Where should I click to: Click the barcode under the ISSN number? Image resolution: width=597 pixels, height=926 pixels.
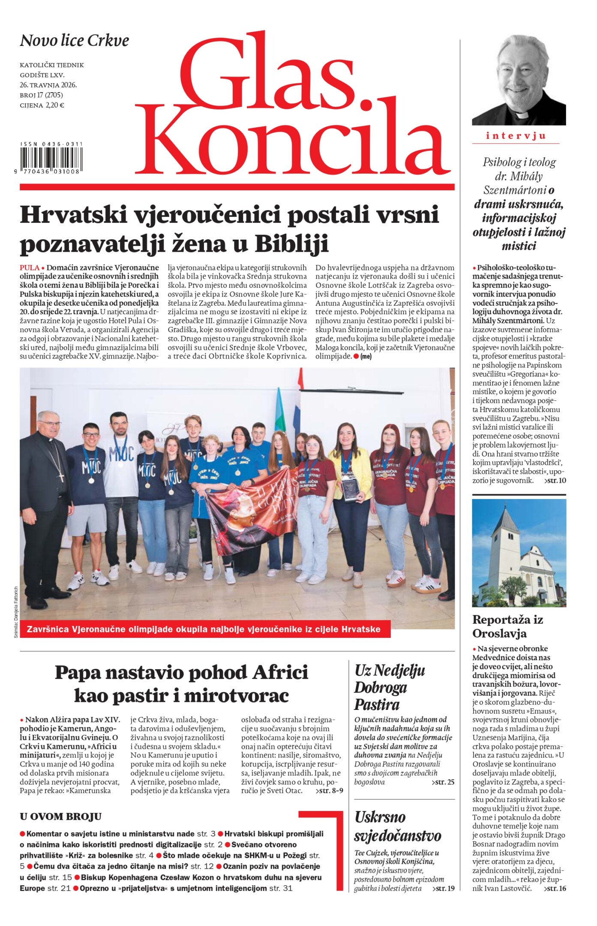pyautogui.click(x=51, y=159)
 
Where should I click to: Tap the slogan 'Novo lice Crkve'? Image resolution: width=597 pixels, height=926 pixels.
pyautogui.click(x=74, y=41)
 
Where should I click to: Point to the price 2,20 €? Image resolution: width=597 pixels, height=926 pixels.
pyautogui.click(x=55, y=105)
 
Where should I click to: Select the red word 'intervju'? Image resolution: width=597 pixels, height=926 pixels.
pyautogui.click(x=516, y=136)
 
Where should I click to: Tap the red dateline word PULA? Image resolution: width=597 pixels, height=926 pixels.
pyautogui.click(x=29, y=268)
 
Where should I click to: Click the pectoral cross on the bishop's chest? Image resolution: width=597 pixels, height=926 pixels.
pyautogui.click(x=61, y=476)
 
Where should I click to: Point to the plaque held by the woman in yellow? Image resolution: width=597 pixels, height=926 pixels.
pyautogui.click(x=351, y=490)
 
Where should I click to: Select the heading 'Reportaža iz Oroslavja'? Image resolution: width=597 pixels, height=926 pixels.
pyautogui.click(x=507, y=626)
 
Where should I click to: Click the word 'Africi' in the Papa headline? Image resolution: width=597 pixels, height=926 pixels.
pyautogui.click(x=280, y=672)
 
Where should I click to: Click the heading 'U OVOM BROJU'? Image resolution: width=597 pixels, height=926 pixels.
pyautogui.click(x=60, y=817)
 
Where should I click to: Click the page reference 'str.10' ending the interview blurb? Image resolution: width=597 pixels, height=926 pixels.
pyautogui.click(x=555, y=481)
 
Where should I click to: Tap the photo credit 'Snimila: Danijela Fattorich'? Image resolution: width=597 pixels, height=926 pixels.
pyautogui.click(x=16, y=612)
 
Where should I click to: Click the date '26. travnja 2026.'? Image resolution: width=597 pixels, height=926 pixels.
pyautogui.click(x=48, y=85)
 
